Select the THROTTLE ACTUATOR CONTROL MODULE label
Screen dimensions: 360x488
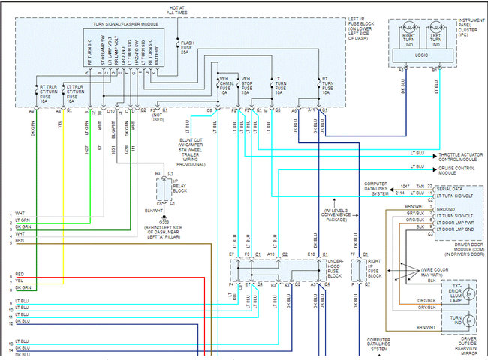459,156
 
